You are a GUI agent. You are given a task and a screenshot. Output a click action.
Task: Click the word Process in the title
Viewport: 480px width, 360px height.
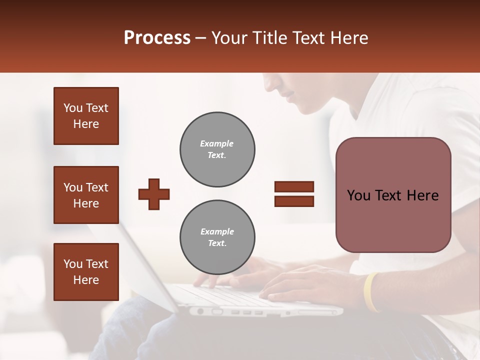point(157,38)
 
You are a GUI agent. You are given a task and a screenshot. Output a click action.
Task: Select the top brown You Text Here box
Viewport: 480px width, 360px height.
point(86,116)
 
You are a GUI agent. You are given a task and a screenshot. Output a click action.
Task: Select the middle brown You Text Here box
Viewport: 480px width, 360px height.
point(86,195)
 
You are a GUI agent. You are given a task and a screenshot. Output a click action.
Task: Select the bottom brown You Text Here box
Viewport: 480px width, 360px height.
point(86,271)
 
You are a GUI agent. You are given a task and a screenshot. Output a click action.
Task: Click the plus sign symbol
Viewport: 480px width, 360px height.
point(154,194)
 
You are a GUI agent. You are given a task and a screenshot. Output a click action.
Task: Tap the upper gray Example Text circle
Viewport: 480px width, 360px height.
point(217,149)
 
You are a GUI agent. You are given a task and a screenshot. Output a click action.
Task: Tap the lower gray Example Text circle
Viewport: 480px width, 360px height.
point(217,237)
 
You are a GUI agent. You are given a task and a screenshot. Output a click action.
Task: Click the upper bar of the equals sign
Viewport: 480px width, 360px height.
point(294,187)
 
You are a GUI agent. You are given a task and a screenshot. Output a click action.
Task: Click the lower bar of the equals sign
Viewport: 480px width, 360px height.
point(294,201)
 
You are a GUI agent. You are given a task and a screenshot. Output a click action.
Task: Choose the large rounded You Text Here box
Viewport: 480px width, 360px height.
point(393,195)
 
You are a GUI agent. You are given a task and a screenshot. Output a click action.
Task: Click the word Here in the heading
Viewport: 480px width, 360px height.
point(349,38)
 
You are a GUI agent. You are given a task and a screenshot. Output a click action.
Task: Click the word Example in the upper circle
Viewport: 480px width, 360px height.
point(217,143)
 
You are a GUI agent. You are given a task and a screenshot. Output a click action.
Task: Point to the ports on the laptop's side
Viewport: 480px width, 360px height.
point(245,312)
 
